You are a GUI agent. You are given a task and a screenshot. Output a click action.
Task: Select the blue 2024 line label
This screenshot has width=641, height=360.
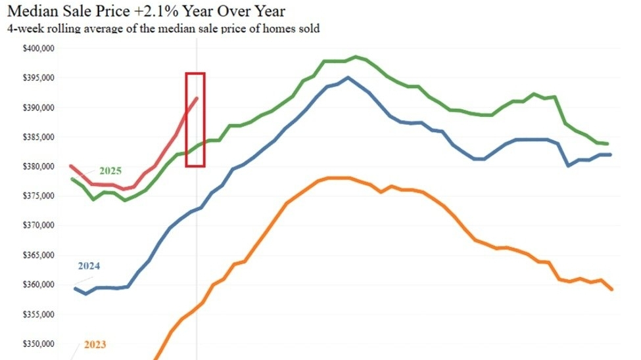[89, 266]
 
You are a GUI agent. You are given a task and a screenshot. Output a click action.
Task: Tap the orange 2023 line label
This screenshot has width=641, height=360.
[95, 344]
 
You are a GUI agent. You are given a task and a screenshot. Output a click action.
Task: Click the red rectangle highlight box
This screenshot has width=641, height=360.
[195, 74]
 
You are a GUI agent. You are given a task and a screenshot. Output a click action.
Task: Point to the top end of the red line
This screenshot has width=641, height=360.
[197, 98]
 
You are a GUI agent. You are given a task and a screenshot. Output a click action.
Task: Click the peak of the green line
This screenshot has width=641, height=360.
[356, 57]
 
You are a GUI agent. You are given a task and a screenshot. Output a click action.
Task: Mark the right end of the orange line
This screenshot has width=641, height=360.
[612, 289]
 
